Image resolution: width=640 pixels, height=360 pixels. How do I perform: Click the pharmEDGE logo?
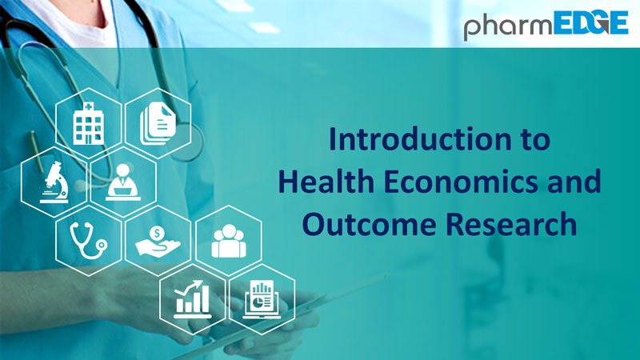[546, 26]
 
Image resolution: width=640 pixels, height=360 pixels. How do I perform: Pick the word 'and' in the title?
[574, 182]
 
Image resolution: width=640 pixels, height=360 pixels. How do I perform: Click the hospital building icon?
[88, 123]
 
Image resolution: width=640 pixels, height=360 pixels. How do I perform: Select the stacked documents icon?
[158, 123]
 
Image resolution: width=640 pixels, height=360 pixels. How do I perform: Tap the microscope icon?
[54, 182]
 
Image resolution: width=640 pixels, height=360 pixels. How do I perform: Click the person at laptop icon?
[123, 182]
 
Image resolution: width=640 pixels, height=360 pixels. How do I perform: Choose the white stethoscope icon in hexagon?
[88, 241]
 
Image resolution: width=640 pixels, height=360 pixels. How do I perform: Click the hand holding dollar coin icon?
[158, 242]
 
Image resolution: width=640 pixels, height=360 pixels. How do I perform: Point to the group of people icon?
[229, 242]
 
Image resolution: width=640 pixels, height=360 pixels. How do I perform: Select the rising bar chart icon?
[192, 299]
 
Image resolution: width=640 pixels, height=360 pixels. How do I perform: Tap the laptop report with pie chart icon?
[262, 299]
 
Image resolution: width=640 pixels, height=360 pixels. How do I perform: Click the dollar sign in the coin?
[157, 234]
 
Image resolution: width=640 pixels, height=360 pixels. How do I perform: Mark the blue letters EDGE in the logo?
[590, 22]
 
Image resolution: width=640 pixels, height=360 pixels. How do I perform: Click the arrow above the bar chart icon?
[189, 287]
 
